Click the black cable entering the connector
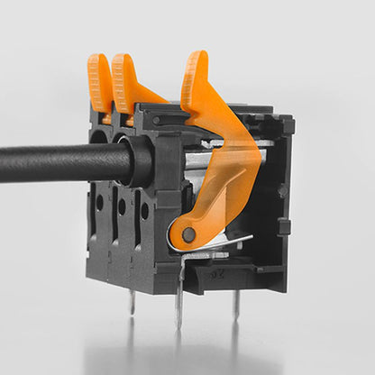pos(63,163)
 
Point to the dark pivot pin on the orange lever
pos(188,235)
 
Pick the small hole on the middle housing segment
pos(122,206)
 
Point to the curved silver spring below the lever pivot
pos(221,243)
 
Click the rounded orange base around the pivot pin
pos(183,236)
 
